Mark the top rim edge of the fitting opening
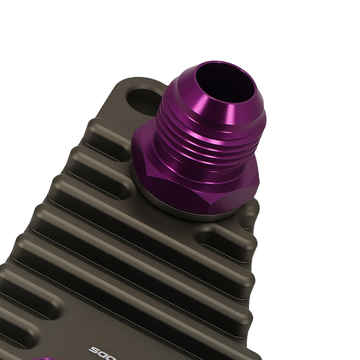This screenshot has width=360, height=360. [223, 65]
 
